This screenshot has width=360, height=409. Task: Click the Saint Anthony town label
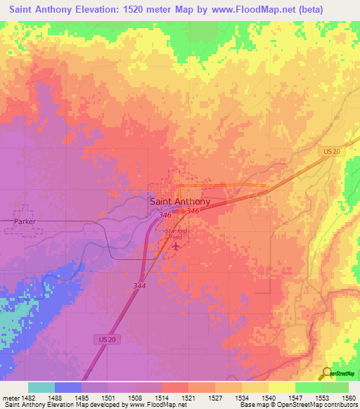coord(180,201)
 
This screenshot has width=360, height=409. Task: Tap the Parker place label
coord(24,221)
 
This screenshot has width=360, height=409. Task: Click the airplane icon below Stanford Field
coord(176,246)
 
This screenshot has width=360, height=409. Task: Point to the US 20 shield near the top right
coord(332,152)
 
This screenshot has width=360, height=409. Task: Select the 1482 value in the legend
coord(27,398)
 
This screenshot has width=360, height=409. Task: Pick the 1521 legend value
coord(188,398)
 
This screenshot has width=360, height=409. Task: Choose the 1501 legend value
coord(108,398)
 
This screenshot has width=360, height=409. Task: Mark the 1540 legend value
coord(269,398)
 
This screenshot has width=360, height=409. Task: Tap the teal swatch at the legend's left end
coord(41,387)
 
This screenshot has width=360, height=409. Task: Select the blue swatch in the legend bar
coord(68,387)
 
